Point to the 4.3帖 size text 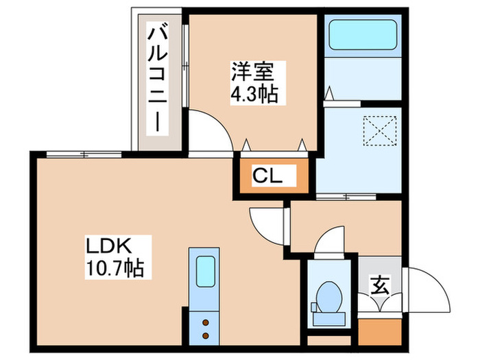[x=254, y=93]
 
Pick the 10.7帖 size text [x=114, y=267]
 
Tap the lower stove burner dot [x=205, y=335]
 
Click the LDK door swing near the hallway [x=264, y=223]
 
